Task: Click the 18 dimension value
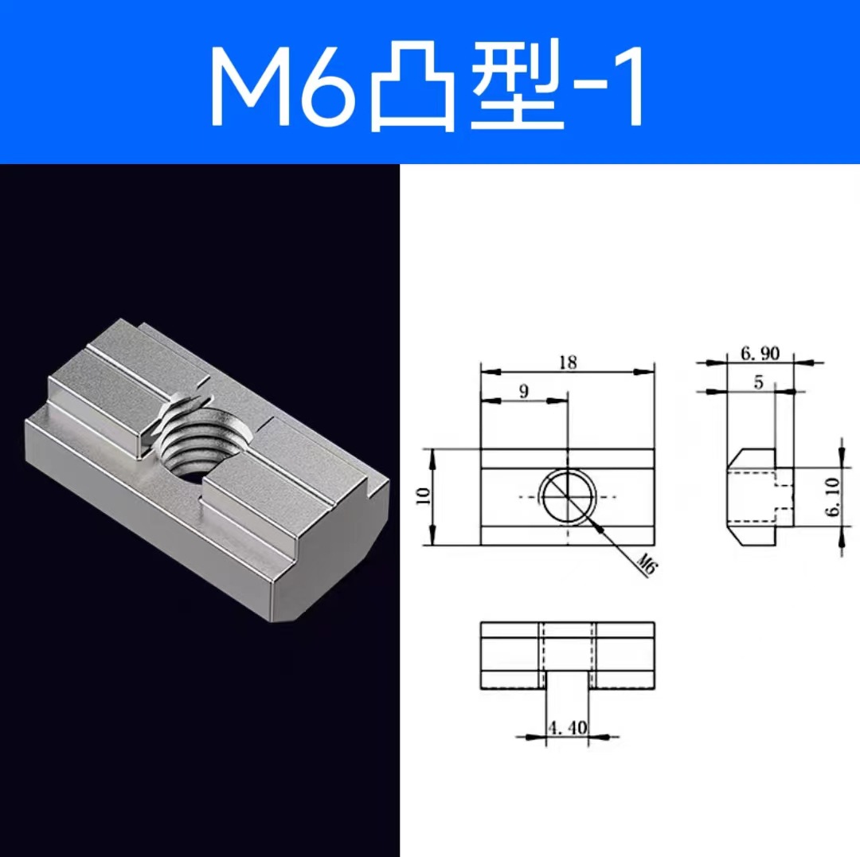pyautogui.click(x=568, y=362)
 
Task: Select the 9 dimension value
pyautogui.click(x=523, y=392)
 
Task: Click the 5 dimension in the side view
pyautogui.click(x=758, y=382)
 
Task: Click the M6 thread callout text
pyautogui.click(x=647, y=567)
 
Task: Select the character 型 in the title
pyautogui.click(x=517, y=89)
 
